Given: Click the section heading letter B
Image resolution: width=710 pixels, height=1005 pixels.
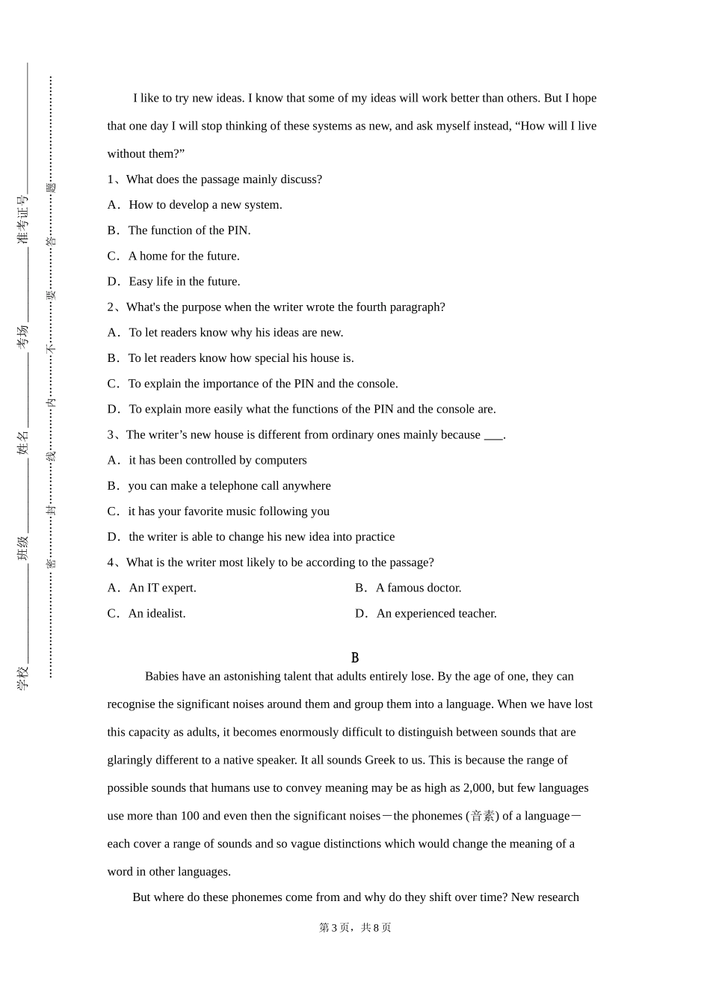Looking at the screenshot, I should [x=355, y=658].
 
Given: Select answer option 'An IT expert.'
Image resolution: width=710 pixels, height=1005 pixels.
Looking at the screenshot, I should [x=162, y=588].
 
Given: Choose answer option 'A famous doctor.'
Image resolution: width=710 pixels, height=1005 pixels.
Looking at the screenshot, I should [x=418, y=588].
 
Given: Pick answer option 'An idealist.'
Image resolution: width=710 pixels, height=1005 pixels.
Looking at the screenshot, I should [x=156, y=613].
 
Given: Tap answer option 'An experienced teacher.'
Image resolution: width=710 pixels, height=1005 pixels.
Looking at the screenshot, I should [x=436, y=613].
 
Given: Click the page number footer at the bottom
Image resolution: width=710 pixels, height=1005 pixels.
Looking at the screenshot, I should [x=355, y=927].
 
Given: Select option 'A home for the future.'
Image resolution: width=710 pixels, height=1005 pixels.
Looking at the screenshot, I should [x=183, y=256].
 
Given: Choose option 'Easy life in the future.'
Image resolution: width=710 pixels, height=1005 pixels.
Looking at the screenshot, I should [x=184, y=281].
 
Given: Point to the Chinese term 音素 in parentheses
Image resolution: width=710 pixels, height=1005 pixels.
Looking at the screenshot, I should [x=484, y=816].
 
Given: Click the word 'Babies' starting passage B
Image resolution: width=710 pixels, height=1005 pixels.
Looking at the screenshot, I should [x=162, y=676].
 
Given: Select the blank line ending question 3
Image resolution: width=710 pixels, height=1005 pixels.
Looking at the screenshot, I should [x=493, y=435].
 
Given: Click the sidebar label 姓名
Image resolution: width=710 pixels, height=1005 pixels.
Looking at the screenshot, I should [x=23, y=442].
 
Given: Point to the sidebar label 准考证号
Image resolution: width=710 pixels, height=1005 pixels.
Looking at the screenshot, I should [x=23, y=219].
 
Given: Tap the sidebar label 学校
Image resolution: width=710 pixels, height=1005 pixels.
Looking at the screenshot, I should [x=23, y=677].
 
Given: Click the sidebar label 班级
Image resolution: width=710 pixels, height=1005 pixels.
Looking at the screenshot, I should [x=23, y=548].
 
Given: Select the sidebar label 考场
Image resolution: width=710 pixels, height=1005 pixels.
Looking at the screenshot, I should [x=23, y=336].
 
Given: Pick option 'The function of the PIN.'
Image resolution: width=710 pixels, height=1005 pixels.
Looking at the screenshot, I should [x=189, y=230].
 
